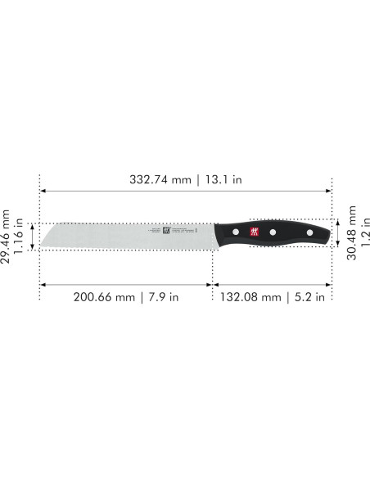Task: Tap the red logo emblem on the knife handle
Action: point(250,232)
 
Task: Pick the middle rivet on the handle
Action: point(273,233)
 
